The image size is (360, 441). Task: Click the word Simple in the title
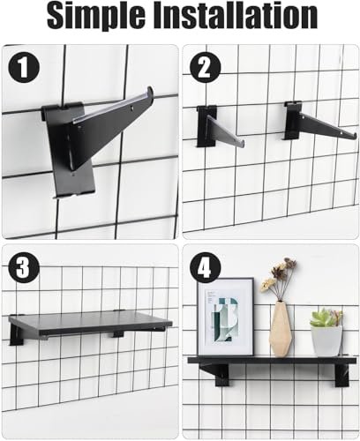(x=95, y=15)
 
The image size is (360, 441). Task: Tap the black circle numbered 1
(x=24, y=68)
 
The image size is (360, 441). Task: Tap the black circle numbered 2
(x=205, y=68)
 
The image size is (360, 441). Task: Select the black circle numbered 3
(x=24, y=267)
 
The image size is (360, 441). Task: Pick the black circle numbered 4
(x=205, y=267)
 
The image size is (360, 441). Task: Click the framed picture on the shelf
(x=226, y=317)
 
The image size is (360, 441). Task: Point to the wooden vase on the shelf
(x=281, y=330)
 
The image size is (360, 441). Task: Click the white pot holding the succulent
(x=326, y=341)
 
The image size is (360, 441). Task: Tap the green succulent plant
(x=326, y=317)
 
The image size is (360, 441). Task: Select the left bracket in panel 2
(x=220, y=127)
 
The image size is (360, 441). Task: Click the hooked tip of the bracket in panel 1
(x=150, y=90)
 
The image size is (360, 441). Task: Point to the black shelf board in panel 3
(x=90, y=324)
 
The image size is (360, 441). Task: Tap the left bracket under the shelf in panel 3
(x=16, y=335)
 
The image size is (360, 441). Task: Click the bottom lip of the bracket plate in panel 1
(x=73, y=194)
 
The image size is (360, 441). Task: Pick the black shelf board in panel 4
(x=272, y=361)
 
